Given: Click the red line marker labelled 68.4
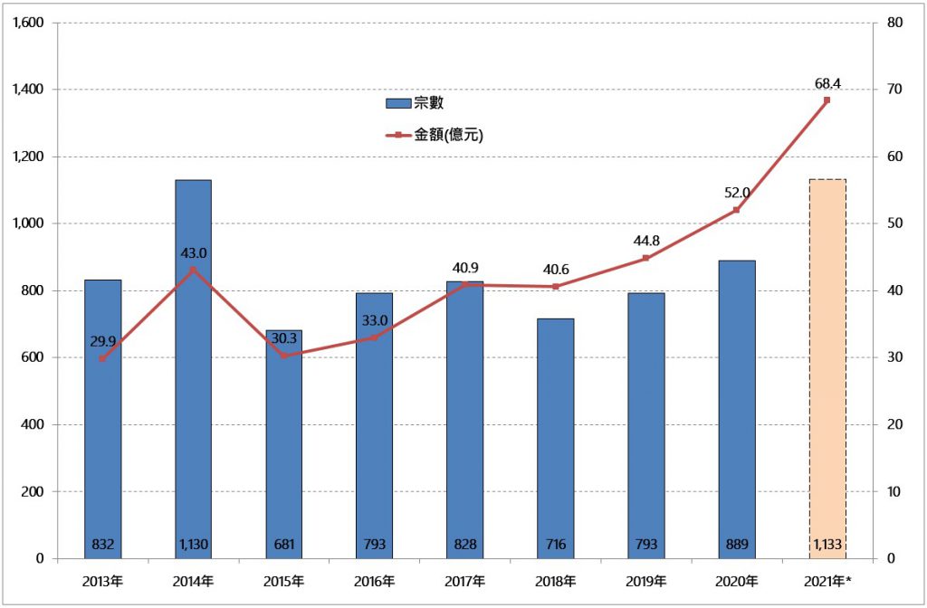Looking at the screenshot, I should click(x=827, y=100).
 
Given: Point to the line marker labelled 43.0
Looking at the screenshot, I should click(x=193, y=270).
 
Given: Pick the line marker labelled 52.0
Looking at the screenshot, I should click(x=736, y=210).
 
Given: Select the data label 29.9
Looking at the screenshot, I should click(x=103, y=341).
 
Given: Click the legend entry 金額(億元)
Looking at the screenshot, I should click(x=436, y=136).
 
